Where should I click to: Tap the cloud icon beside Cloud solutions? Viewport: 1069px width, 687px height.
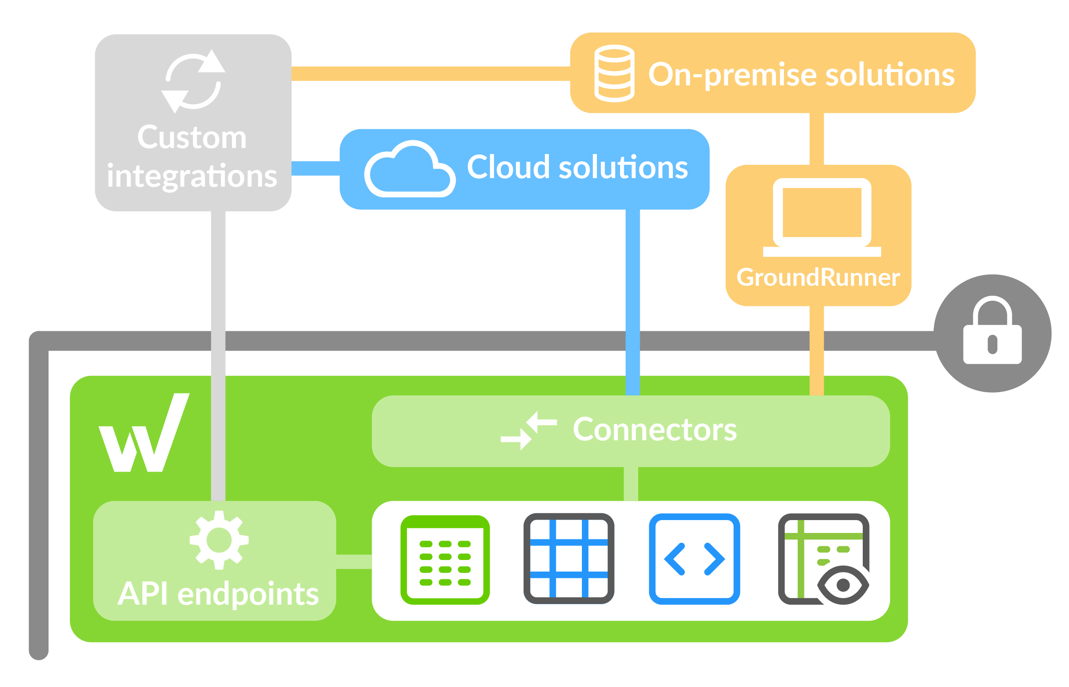pos(409,170)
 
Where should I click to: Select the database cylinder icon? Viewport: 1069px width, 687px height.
pos(614,74)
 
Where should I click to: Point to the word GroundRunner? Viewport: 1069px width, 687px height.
pos(818,278)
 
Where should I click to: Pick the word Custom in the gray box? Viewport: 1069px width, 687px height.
pos(192,137)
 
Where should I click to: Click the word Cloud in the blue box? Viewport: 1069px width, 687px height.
pos(508,167)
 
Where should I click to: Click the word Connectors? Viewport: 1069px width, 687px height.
pos(654,430)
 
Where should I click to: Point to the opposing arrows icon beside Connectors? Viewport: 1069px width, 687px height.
pos(528,430)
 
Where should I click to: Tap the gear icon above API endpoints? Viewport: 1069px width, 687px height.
pos(218,540)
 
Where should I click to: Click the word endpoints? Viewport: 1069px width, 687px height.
pos(248,594)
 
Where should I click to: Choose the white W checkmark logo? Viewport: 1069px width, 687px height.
pos(144,433)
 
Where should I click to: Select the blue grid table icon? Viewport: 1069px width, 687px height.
pos(569,559)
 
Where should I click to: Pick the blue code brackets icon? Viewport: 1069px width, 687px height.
pos(694,559)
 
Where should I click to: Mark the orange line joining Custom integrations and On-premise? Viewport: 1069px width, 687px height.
pos(430,74)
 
